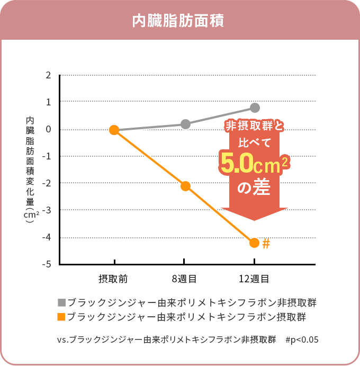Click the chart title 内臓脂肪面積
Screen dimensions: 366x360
tap(178, 21)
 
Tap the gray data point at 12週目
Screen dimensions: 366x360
tap(255, 108)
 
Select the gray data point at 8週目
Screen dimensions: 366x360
tap(185, 124)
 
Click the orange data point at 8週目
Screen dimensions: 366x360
tap(185, 186)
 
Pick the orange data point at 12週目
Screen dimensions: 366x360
tap(254, 243)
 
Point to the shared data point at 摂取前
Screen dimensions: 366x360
tap(114, 130)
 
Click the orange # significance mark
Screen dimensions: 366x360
tap(266, 244)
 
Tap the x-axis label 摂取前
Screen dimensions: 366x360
tap(113, 278)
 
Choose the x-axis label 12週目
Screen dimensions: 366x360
tap(254, 278)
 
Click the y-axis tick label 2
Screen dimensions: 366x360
tap(48, 75)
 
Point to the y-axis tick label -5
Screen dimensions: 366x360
tap(47, 264)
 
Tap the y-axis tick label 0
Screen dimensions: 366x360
tap(48, 129)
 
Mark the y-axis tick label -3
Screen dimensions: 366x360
tap(47, 210)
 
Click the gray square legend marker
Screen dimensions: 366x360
tap(62, 303)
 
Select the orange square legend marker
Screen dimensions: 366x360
tap(62, 317)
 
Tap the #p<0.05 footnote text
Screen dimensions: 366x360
tap(302, 340)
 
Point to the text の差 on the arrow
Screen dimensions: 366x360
tap(254, 188)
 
